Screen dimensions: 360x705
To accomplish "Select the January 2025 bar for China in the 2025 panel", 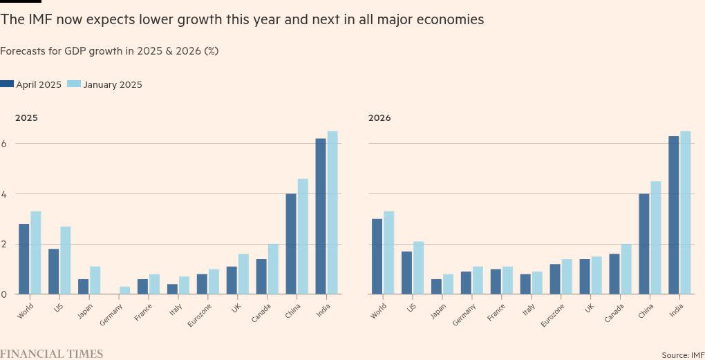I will point(303,236).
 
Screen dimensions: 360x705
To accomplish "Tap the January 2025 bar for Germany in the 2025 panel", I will point(124,290).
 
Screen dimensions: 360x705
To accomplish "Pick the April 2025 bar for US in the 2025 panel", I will point(53,271).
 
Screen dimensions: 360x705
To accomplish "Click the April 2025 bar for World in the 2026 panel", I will point(377,256).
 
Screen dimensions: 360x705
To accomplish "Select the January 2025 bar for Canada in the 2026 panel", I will point(626,269).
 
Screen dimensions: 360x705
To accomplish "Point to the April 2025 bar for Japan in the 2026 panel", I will point(436,286).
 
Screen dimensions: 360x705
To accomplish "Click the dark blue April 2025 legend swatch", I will point(7,84).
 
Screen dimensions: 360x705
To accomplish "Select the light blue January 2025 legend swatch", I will point(74,84).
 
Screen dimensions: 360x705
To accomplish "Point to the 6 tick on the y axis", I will point(3,144).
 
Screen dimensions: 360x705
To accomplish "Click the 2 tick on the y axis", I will point(3,244).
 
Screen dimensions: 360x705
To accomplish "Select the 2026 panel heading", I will point(379,118).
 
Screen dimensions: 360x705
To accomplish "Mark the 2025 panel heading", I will point(26,118).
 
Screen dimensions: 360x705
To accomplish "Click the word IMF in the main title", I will point(35,20).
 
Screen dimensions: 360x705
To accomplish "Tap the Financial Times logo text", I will point(51,354).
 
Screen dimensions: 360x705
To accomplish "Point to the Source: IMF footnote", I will point(683,354).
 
